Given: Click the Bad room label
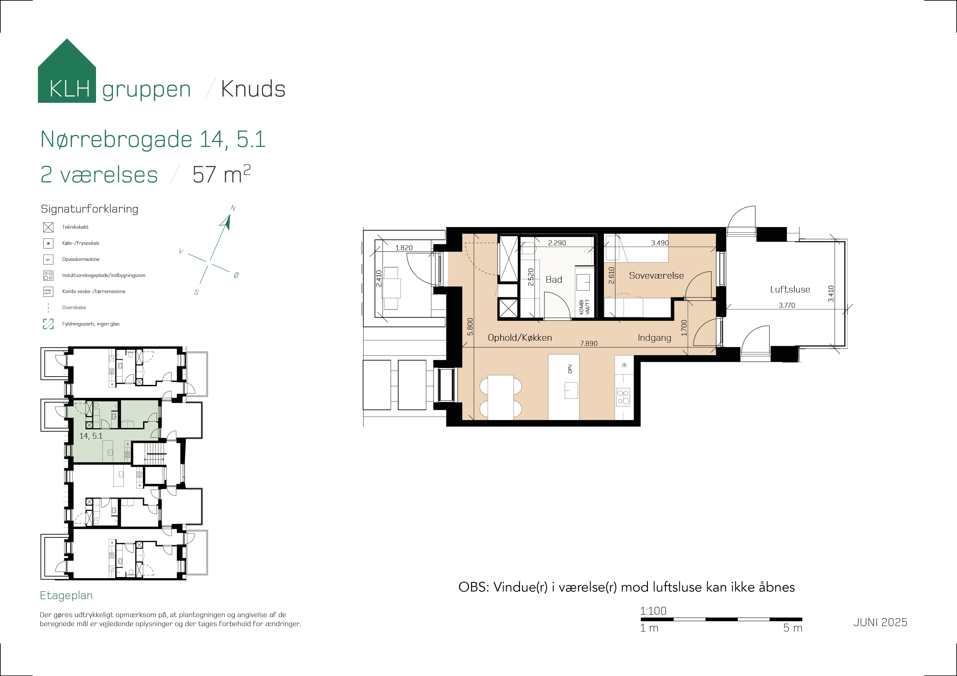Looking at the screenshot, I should [x=554, y=279].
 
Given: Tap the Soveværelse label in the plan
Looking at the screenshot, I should [x=656, y=275].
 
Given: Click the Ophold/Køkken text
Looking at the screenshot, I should [x=519, y=337].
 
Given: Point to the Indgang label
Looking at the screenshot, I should [x=654, y=338].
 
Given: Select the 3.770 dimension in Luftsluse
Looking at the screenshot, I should [x=786, y=305].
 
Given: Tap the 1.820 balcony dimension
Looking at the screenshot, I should [x=403, y=248].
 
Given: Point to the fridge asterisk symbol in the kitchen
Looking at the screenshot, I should [x=624, y=365].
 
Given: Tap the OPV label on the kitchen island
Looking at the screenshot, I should [x=570, y=369].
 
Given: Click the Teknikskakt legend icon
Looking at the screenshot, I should [x=48, y=227].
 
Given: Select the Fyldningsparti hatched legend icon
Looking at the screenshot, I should [x=48, y=324].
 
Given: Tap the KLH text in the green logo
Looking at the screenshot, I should [x=69, y=89].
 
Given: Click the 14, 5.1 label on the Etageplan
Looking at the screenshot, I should [x=91, y=436].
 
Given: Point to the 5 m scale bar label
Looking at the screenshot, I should [x=792, y=628].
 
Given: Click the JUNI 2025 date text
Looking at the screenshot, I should [x=880, y=622].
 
